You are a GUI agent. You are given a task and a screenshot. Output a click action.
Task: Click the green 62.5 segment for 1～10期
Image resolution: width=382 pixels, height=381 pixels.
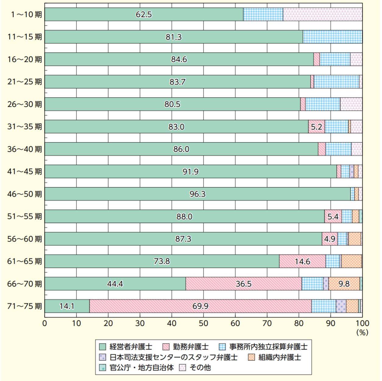(144, 14)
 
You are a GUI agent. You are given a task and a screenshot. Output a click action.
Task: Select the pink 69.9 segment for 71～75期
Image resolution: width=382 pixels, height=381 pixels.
(200, 306)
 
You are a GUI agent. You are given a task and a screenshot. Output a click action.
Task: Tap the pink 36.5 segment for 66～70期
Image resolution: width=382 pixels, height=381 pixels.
(244, 284)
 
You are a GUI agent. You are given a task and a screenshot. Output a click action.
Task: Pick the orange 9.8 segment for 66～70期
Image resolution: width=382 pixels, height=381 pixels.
(344, 284)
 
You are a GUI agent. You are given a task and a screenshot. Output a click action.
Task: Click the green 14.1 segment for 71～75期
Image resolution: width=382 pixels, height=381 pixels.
(67, 306)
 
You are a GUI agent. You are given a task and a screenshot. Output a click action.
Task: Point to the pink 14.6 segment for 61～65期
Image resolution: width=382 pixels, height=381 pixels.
(302, 261)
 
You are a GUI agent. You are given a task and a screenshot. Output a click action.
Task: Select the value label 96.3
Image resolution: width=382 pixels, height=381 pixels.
(197, 194)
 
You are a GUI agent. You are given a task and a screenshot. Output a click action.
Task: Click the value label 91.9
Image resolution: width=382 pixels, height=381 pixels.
(190, 172)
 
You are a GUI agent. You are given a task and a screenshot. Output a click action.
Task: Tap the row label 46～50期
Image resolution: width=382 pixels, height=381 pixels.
(25, 194)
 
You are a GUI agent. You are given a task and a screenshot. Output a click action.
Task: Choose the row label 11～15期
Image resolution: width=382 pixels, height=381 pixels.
(25, 37)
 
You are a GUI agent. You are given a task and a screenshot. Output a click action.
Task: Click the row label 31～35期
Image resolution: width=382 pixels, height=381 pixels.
(25, 126)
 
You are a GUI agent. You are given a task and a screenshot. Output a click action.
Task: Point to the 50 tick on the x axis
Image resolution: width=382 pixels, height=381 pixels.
(203, 323)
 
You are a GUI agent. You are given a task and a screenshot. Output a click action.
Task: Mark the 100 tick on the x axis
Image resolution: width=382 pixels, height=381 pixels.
(362, 323)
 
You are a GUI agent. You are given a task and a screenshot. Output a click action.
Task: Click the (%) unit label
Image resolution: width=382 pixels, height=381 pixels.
(362, 333)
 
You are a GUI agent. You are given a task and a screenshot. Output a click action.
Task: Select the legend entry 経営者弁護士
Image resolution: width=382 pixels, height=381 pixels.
(131, 347)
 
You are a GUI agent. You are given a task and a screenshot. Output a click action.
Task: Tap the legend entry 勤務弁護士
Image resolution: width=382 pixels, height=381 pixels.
(191, 347)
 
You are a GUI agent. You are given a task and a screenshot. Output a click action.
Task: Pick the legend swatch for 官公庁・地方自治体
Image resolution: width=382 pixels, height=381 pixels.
(103, 368)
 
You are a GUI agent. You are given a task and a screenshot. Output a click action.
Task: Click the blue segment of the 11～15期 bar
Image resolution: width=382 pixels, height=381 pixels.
(332, 37)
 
